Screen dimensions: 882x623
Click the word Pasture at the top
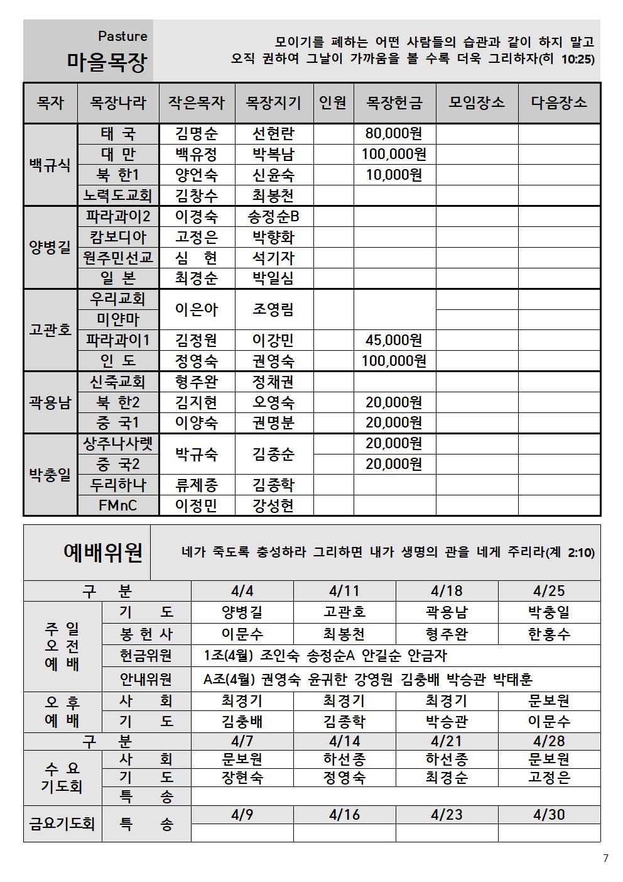click(x=122, y=36)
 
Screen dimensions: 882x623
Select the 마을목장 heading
click(x=107, y=62)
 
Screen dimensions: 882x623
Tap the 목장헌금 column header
click(x=394, y=102)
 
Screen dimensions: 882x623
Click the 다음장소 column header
click(x=559, y=102)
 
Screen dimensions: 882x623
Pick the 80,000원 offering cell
click(x=394, y=133)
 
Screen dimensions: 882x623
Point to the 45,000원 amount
click(x=394, y=340)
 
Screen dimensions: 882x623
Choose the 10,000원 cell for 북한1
click(x=394, y=175)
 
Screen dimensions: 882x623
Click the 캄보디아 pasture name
click(x=118, y=237)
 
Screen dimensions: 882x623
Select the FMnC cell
click(x=118, y=505)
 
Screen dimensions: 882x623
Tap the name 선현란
click(x=273, y=133)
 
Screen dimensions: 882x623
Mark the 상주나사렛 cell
click(x=118, y=444)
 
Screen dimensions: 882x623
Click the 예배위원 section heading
click(x=103, y=552)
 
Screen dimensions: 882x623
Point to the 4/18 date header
click(x=447, y=590)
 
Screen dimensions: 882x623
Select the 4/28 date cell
click(x=549, y=741)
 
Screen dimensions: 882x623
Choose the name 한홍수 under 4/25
click(x=549, y=634)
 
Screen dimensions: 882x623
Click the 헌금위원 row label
click(x=146, y=656)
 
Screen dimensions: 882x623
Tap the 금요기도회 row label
click(x=62, y=824)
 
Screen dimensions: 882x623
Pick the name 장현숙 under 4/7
click(x=242, y=778)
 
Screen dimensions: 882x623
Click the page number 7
click(x=605, y=858)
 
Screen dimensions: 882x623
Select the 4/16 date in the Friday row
click(x=344, y=815)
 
